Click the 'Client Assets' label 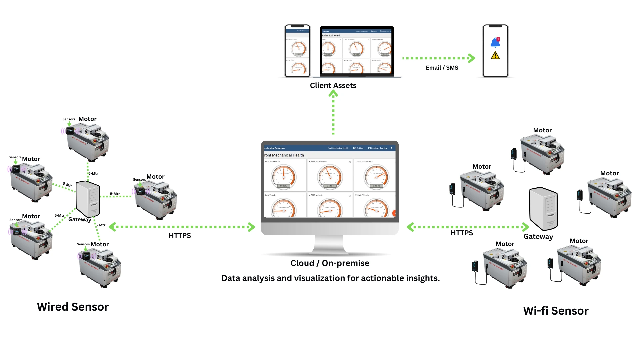333,86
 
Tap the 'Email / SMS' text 442,68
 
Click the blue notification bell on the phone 495,42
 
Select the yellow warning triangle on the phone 495,56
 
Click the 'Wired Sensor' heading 73,307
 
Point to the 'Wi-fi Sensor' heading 556,311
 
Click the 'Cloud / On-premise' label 330,263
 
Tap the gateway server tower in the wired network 88,199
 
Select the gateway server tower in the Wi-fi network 543,209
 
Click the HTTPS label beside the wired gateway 180,236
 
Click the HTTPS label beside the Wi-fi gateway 462,233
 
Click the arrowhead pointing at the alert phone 471,58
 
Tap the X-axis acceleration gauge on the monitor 284,177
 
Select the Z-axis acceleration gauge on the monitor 376,177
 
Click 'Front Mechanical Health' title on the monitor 284,155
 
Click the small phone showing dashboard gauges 297,51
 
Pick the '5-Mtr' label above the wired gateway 93,173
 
